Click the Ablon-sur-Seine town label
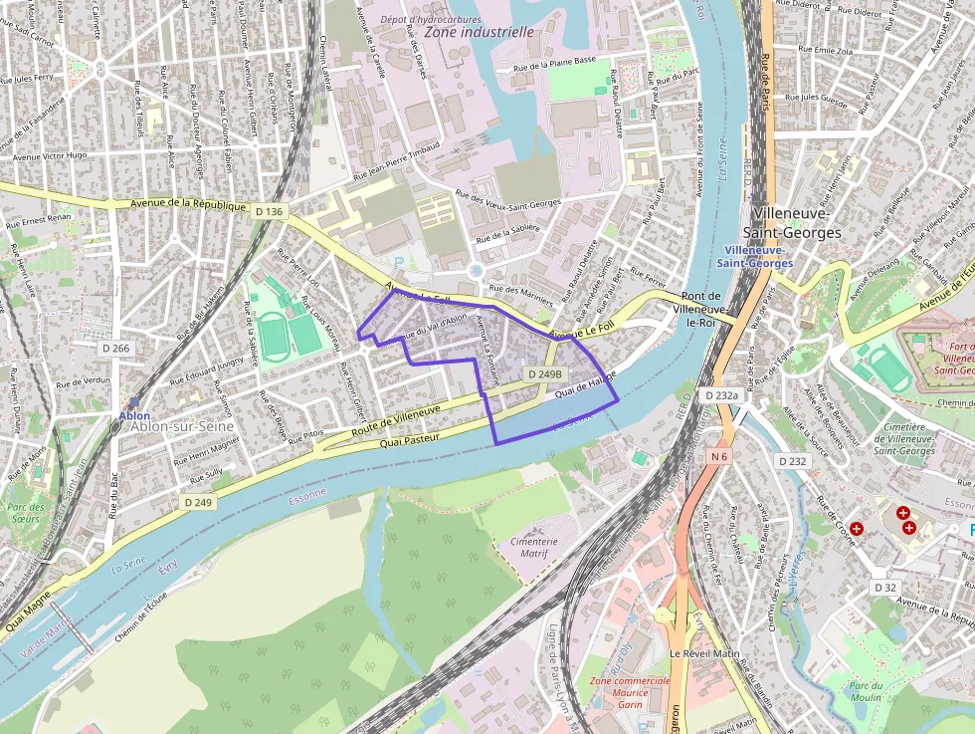click(x=181, y=426)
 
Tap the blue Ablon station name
click(x=134, y=415)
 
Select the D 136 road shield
click(x=269, y=211)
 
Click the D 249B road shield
click(x=544, y=373)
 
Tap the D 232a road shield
click(x=722, y=395)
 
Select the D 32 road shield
click(x=884, y=588)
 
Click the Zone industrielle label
click(x=479, y=32)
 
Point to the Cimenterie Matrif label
click(x=535, y=546)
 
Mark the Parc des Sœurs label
click(x=27, y=513)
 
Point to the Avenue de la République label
click(x=187, y=204)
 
